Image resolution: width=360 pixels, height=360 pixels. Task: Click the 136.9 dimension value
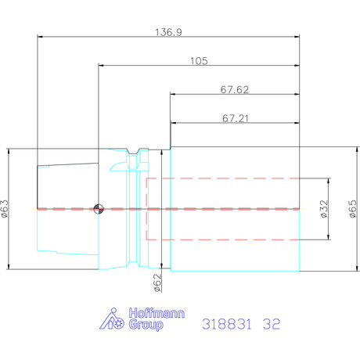pyautogui.click(x=168, y=32)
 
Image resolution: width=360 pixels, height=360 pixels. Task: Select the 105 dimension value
pyautogui.click(x=199, y=61)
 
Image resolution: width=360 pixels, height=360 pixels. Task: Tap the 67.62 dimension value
pyautogui.click(x=235, y=90)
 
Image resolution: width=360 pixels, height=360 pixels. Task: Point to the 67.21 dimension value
pyautogui.click(x=236, y=118)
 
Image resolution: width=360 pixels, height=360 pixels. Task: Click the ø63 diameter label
pyautogui.click(x=5, y=209)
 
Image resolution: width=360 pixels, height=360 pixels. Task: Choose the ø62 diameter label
pyautogui.click(x=157, y=283)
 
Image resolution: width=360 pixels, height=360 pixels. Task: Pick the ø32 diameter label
pyautogui.click(x=324, y=209)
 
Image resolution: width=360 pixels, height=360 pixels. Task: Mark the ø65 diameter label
pyautogui.click(x=352, y=209)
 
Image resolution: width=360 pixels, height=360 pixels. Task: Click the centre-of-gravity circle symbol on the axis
pyautogui.click(x=99, y=209)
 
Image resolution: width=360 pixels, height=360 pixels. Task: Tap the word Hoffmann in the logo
pyautogui.click(x=157, y=313)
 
